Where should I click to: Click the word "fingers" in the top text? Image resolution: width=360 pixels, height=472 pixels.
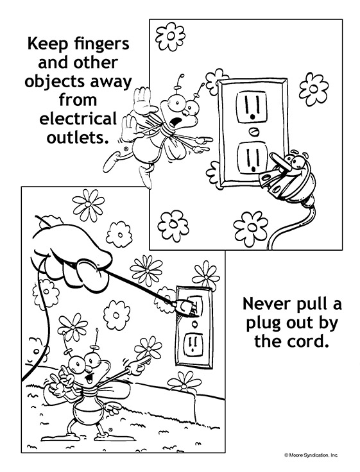click(101, 44)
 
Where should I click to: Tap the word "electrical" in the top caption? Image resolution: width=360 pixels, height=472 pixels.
click(78, 119)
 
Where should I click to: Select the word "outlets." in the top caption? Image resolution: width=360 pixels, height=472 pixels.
click(78, 138)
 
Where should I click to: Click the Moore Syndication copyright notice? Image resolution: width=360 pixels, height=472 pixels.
click(311, 455)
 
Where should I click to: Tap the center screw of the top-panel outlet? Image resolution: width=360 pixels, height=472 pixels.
click(254, 132)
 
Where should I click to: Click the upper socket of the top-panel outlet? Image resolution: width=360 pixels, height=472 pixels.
click(252, 108)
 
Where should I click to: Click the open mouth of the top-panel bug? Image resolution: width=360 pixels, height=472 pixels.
click(175, 122)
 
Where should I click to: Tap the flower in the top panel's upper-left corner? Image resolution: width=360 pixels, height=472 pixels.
click(170, 37)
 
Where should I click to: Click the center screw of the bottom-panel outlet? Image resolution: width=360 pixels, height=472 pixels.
click(194, 324)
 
